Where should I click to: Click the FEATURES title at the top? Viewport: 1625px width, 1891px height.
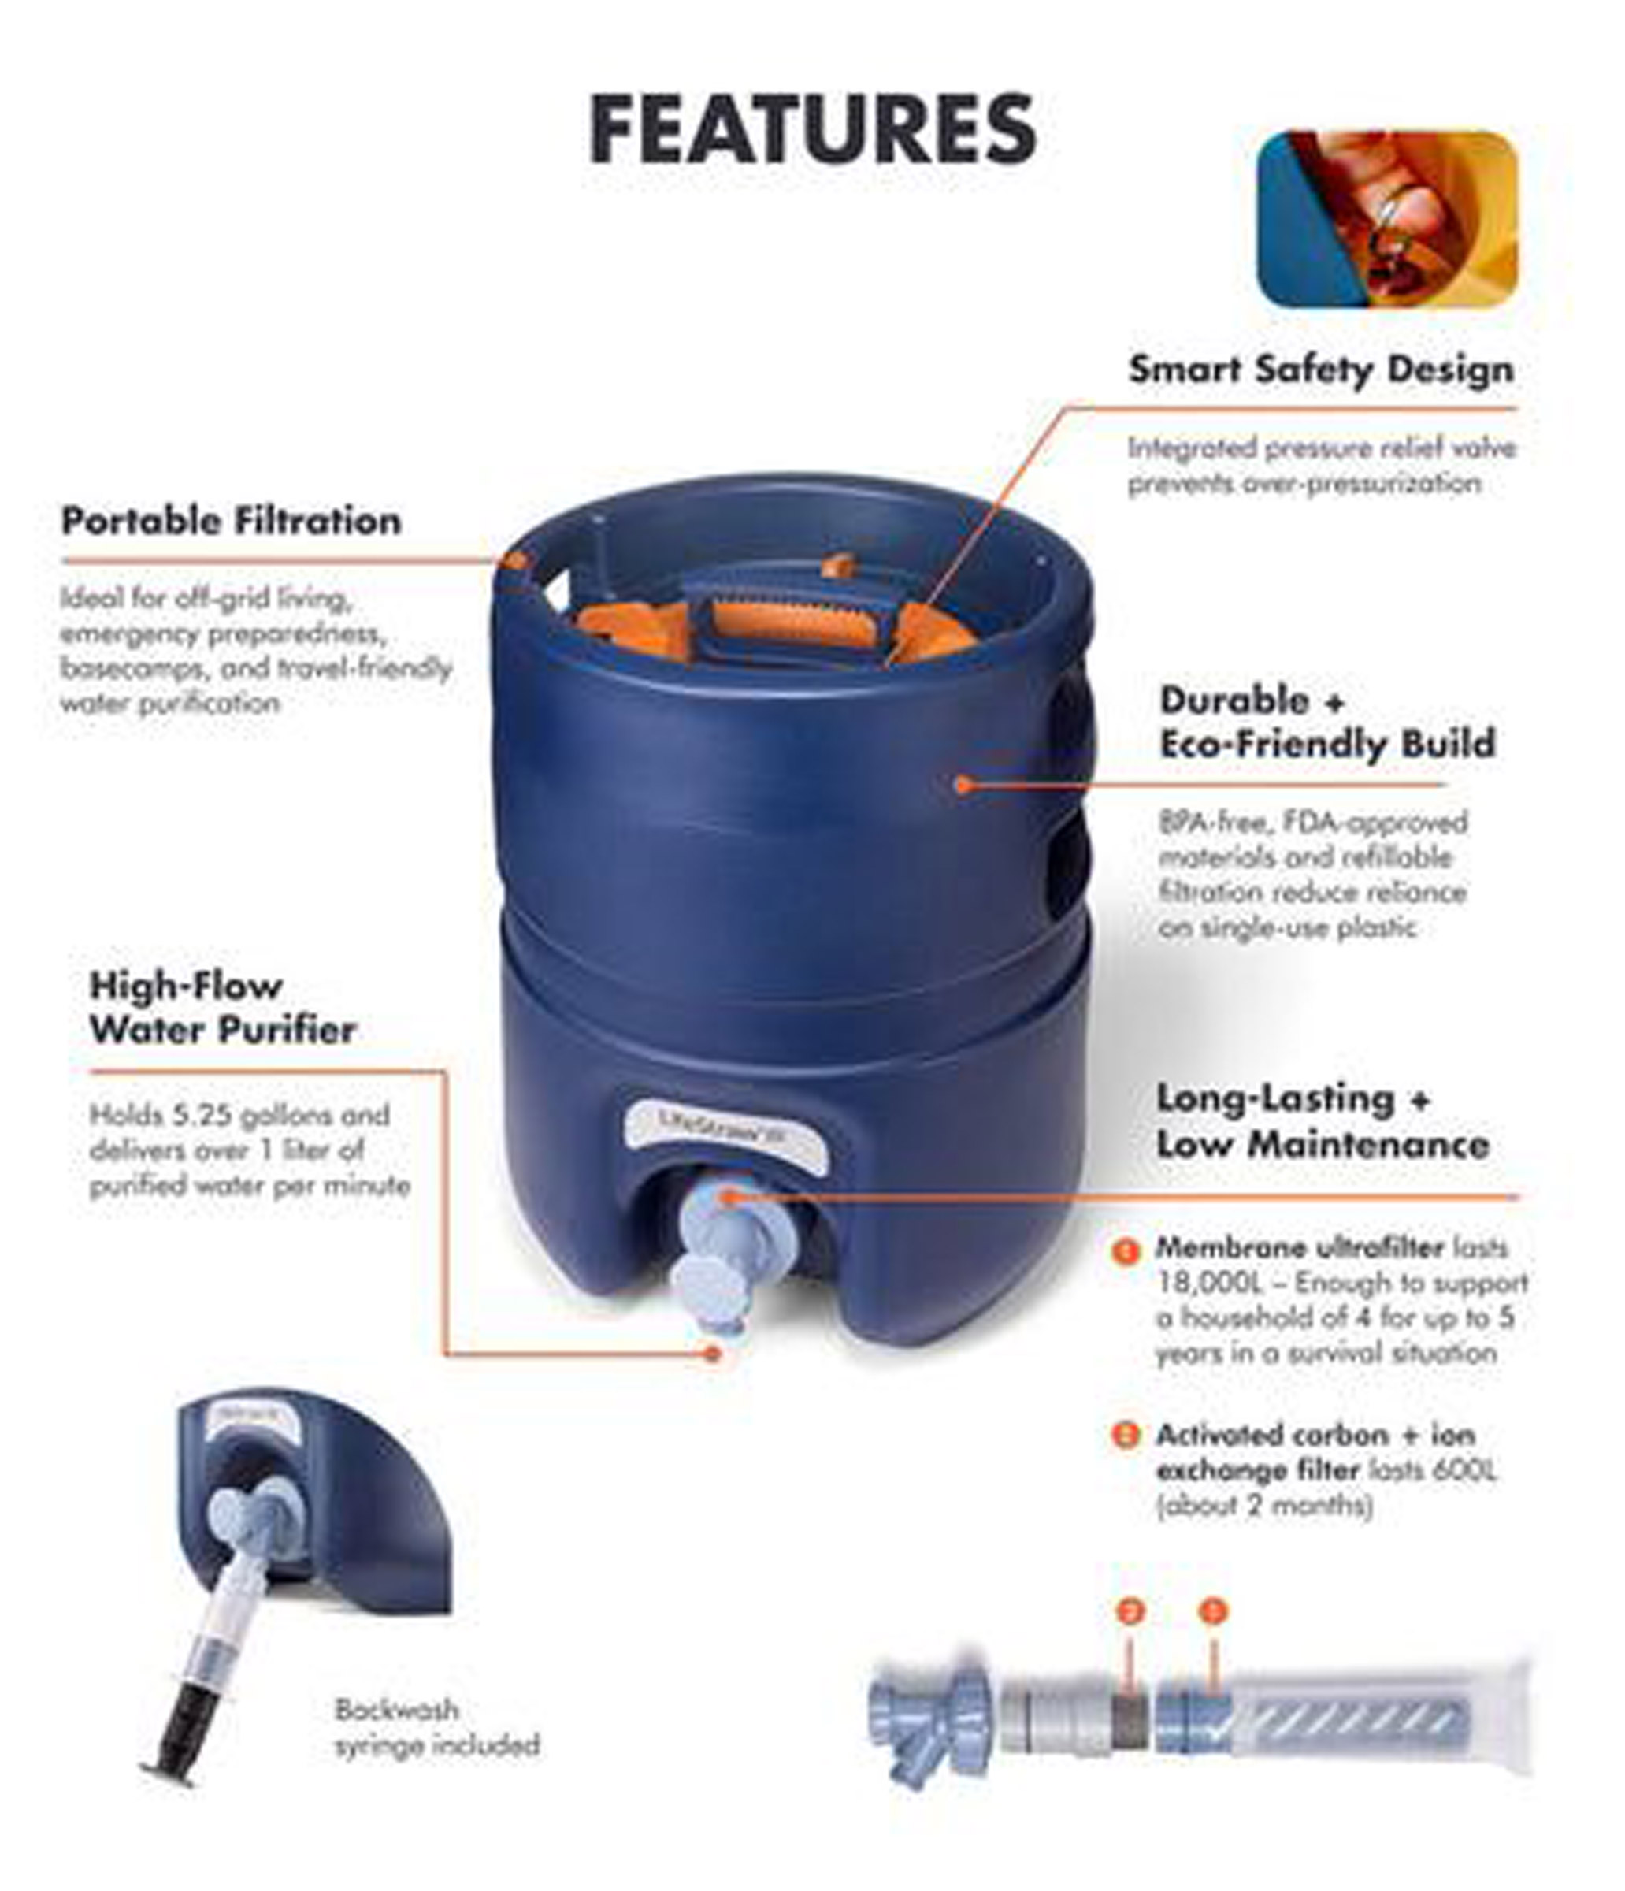[x=812, y=128]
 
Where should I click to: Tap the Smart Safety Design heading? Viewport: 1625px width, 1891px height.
[x=1320, y=370]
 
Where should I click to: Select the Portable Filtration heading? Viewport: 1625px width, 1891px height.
[x=231, y=521]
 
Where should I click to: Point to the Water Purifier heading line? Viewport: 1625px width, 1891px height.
[x=223, y=1030]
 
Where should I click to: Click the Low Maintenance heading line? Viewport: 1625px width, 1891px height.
[x=1322, y=1145]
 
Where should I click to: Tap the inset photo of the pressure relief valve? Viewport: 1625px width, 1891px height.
[x=1387, y=219]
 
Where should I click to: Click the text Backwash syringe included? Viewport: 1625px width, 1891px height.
[x=436, y=1728]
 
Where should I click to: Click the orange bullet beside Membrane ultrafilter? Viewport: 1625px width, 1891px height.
[x=1127, y=1250]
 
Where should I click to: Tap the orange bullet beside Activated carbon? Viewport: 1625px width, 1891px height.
[x=1127, y=1436]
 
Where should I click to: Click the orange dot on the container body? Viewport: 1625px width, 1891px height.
[x=962, y=783]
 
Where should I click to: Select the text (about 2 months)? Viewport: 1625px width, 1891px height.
[x=1263, y=1505]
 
